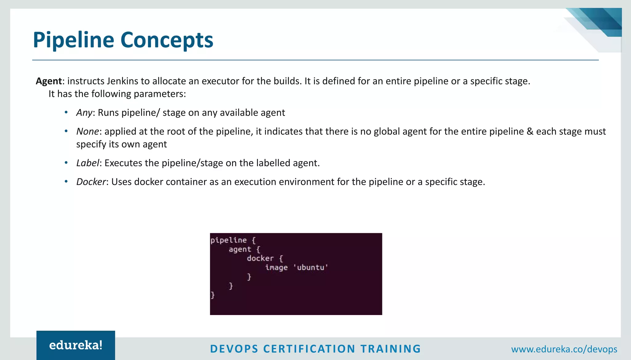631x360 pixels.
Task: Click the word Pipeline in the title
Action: (x=73, y=40)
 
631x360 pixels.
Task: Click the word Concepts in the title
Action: (x=167, y=40)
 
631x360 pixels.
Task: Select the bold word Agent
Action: (x=49, y=81)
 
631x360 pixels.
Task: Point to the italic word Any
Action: (x=84, y=113)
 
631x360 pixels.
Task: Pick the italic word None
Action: (x=88, y=131)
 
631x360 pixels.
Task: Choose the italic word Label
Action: (x=88, y=163)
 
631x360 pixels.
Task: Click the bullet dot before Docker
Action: (x=66, y=181)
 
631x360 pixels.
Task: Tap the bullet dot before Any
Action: (x=66, y=112)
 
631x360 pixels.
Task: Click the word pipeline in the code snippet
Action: (x=229, y=240)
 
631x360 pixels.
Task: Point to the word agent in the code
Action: (x=240, y=249)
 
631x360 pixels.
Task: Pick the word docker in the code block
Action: (x=260, y=258)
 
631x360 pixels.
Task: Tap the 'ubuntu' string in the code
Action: (x=311, y=267)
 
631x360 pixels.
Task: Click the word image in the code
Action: (x=276, y=267)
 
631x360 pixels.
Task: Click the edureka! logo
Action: (x=76, y=345)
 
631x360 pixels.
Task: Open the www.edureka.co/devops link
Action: (x=564, y=349)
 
